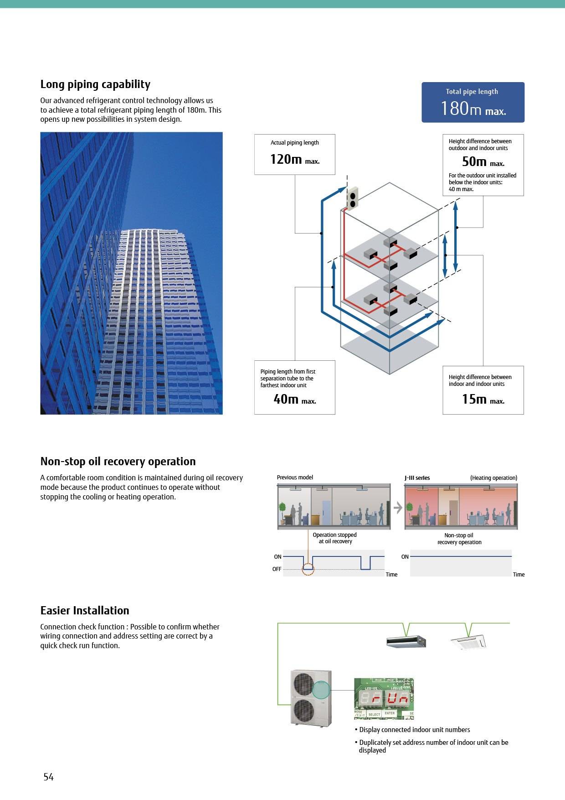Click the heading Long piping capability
95,84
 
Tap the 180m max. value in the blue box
473,109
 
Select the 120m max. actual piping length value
294,159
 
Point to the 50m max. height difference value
483,161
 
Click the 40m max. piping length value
294,399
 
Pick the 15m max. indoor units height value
483,399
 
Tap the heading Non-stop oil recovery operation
118,462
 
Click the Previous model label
295,478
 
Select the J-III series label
417,478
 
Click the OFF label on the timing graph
277,569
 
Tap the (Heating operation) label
493,478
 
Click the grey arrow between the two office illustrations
398,507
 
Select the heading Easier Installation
85,611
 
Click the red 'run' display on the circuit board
390,698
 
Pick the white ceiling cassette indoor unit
468,642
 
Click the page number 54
49,777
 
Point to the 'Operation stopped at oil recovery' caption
335,538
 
